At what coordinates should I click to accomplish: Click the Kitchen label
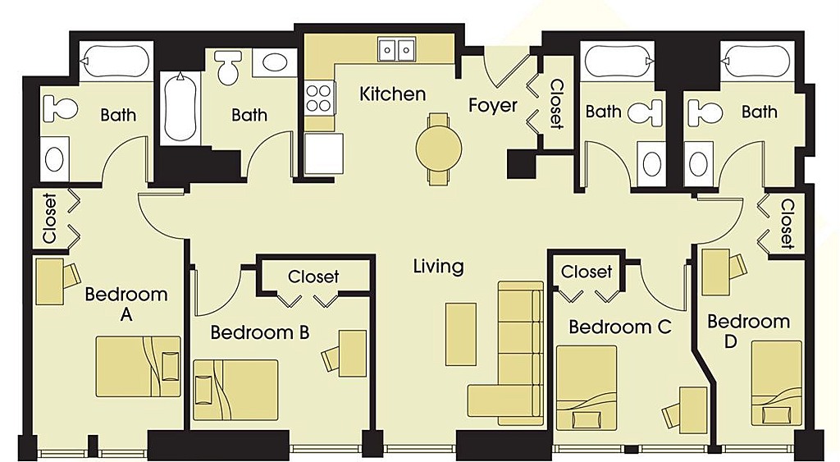click(x=393, y=94)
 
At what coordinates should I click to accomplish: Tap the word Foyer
click(x=493, y=105)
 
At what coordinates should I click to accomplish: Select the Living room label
click(x=438, y=267)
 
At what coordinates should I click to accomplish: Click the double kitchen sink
click(x=396, y=50)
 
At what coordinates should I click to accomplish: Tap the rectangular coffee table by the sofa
click(x=461, y=334)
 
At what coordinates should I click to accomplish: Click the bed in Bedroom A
click(x=138, y=367)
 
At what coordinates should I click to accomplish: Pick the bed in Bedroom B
click(x=235, y=390)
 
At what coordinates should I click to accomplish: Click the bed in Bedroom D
click(x=777, y=384)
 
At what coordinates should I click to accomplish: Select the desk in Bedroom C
click(x=693, y=407)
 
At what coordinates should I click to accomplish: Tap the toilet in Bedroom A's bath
click(x=60, y=108)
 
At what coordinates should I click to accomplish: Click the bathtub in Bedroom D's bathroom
click(x=756, y=62)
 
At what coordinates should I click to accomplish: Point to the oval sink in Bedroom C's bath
click(x=652, y=163)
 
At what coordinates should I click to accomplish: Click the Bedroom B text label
click(x=260, y=332)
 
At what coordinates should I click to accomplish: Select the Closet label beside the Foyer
click(x=556, y=104)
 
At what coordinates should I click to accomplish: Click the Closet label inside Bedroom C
click(x=586, y=272)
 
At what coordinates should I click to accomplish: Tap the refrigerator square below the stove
click(x=323, y=153)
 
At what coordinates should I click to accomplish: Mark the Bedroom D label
click(x=748, y=331)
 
